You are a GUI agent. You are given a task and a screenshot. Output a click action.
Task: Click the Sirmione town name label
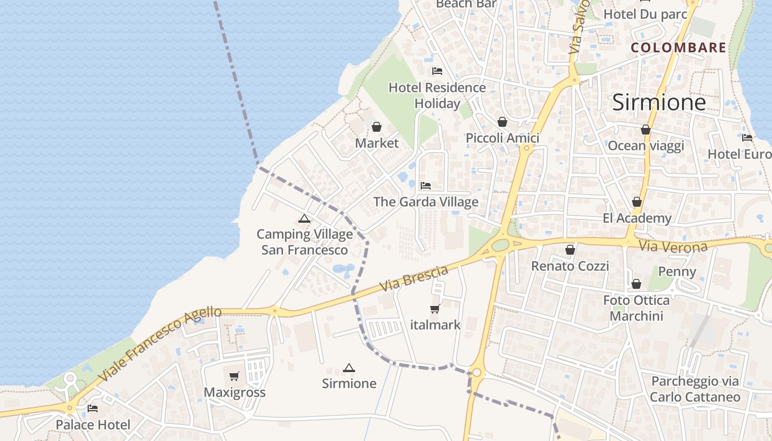(659, 103)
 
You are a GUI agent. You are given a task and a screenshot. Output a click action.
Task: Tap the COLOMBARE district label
(678, 48)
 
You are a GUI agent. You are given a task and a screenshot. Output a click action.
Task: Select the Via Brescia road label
(414, 279)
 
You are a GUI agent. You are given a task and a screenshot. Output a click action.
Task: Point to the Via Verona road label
(673, 246)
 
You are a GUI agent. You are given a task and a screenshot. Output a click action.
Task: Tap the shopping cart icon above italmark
(435, 309)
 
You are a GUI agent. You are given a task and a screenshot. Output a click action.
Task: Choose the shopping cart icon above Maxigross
(234, 377)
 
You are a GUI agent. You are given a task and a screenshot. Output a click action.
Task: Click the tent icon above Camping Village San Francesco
(304, 219)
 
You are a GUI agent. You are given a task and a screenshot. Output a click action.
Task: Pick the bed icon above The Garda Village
(425, 186)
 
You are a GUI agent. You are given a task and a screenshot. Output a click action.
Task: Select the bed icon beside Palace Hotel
(93, 408)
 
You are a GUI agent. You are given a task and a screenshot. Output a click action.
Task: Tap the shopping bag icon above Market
(377, 127)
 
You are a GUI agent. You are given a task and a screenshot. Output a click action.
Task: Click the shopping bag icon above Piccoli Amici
(502, 122)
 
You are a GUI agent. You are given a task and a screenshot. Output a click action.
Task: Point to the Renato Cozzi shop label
(570, 266)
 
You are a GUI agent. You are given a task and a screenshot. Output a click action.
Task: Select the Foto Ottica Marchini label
(636, 308)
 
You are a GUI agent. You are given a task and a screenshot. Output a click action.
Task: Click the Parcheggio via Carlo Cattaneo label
(695, 389)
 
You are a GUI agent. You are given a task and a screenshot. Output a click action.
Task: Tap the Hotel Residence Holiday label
(437, 95)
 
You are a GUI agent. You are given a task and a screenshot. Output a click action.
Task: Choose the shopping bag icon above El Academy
(637, 202)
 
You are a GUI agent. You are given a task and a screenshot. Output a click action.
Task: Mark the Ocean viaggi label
(646, 146)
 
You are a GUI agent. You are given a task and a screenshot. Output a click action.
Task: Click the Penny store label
(677, 272)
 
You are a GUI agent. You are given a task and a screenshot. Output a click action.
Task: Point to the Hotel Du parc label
(645, 14)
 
